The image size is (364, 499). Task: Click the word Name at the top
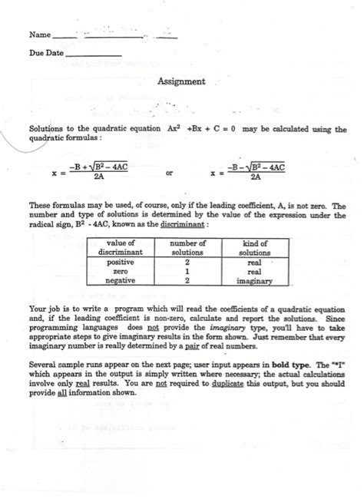tap(39, 35)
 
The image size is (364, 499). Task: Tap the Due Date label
tap(46, 54)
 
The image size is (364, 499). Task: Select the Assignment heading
tap(181, 81)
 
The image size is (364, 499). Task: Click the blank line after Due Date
tap(94, 55)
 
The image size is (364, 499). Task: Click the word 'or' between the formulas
tap(170, 173)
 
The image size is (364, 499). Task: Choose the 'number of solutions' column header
tap(187, 248)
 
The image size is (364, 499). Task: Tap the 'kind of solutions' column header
tap(254, 248)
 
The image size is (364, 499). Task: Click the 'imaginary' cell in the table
tap(254, 282)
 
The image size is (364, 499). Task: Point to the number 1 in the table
tap(187, 272)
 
